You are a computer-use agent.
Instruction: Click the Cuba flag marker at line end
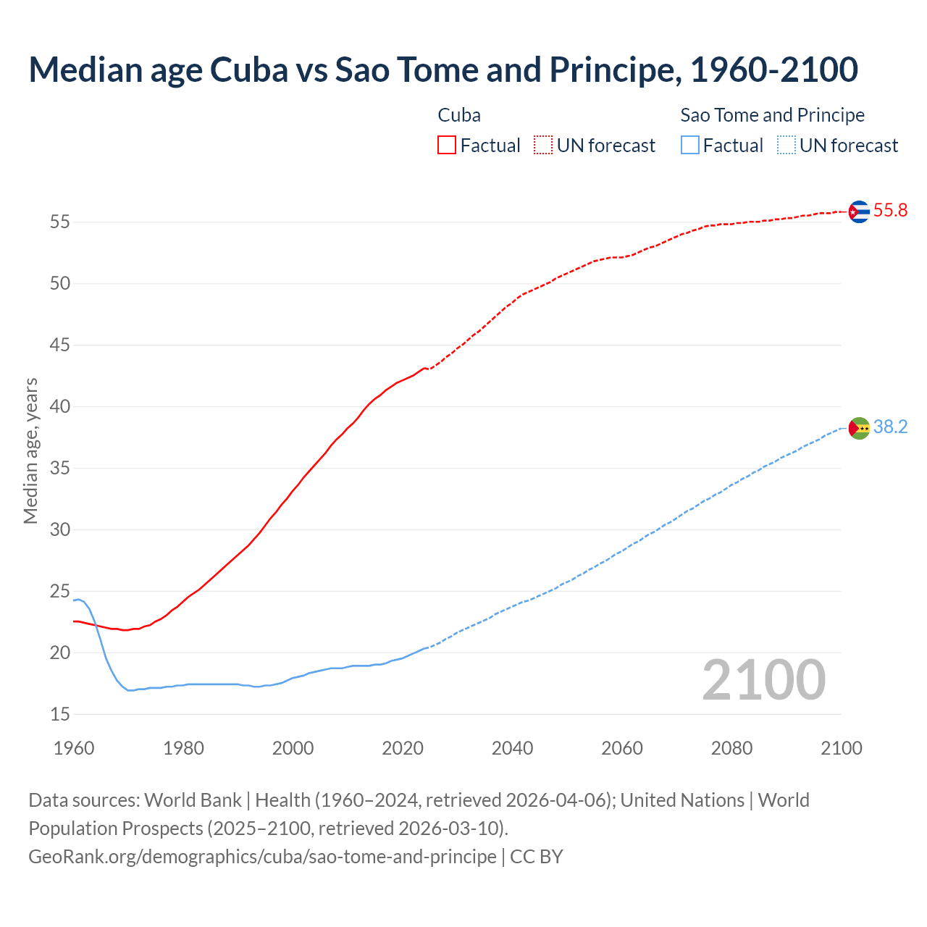click(858, 211)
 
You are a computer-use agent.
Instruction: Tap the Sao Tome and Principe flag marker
click(858, 428)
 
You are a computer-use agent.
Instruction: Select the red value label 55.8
click(890, 211)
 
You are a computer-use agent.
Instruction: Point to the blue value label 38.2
click(890, 427)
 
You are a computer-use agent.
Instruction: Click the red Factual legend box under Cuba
click(447, 146)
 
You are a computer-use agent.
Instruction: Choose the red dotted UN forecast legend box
click(543, 146)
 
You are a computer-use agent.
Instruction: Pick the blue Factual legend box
click(690, 146)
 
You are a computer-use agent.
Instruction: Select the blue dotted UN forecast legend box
click(787, 146)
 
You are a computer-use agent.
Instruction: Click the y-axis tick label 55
click(60, 222)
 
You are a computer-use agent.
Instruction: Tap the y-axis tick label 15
click(60, 715)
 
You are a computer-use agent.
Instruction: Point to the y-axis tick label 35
click(60, 469)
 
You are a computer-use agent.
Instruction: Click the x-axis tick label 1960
click(74, 748)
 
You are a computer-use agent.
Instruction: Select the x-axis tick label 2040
click(512, 748)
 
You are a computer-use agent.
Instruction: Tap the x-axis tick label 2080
click(731, 748)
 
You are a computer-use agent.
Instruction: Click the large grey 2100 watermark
click(763, 680)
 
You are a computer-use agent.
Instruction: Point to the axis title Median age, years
click(30, 450)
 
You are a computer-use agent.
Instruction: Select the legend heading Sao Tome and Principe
click(772, 115)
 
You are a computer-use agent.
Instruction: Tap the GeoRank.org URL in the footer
click(262, 857)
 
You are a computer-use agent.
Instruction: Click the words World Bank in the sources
click(193, 800)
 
